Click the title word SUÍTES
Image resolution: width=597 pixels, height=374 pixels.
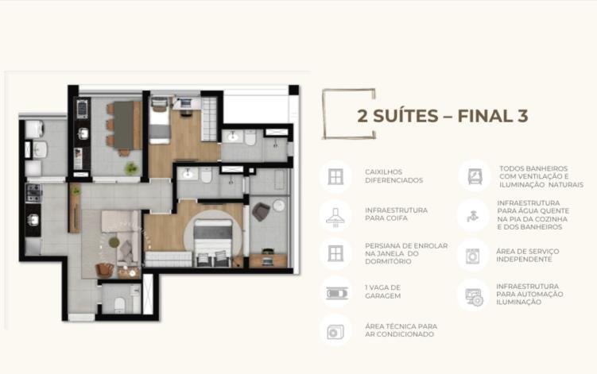point(405,116)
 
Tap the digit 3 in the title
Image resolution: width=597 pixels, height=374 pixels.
point(523,116)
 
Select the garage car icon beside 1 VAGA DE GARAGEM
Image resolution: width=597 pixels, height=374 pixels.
point(337,293)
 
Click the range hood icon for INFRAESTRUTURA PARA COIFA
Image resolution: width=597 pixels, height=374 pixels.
point(335,218)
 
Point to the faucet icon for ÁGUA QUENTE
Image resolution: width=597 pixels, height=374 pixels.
point(472,216)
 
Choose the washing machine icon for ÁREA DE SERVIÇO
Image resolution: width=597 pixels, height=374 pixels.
point(472,256)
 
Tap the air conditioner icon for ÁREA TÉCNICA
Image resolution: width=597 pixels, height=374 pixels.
point(335,332)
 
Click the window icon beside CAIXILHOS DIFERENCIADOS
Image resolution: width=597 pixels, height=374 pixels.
point(335,177)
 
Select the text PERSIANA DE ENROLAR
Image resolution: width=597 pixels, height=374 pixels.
point(406,246)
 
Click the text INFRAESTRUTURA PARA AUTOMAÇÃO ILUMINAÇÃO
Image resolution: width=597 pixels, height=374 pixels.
point(529,294)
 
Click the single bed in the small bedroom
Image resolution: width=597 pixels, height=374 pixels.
point(160,121)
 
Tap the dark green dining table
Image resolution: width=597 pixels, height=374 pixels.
point(124,125)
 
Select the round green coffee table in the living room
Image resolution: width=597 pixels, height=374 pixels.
point(114,242)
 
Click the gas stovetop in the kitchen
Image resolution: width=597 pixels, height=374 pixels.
point(33,192)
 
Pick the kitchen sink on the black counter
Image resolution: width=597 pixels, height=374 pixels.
point(33,220)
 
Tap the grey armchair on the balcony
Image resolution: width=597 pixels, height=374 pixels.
point(261,211)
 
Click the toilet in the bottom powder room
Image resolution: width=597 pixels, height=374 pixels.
point(119,305)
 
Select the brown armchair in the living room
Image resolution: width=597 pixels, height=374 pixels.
point(104,271)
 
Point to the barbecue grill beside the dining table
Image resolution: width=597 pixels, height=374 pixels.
point(82,109)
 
